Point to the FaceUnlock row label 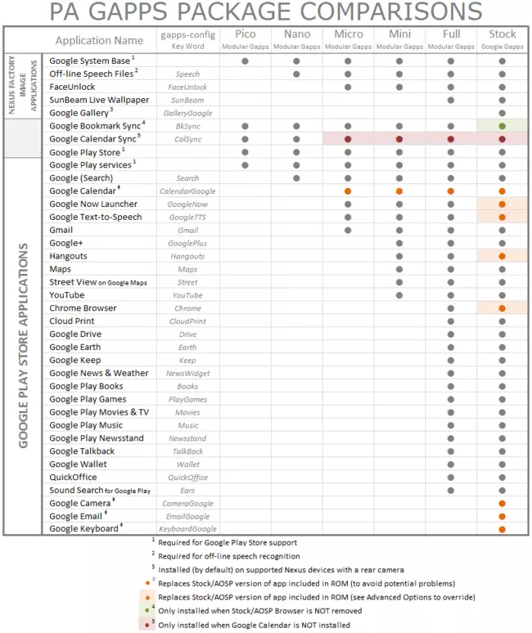72,87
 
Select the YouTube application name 66,295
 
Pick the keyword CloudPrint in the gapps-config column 187,321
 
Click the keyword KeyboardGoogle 187,530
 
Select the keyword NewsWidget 187,374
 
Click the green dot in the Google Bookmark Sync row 502,126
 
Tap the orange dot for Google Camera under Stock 502,504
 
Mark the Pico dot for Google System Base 246,61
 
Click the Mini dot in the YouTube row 399,295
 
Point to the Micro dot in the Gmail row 349,231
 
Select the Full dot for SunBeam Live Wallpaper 451,100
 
